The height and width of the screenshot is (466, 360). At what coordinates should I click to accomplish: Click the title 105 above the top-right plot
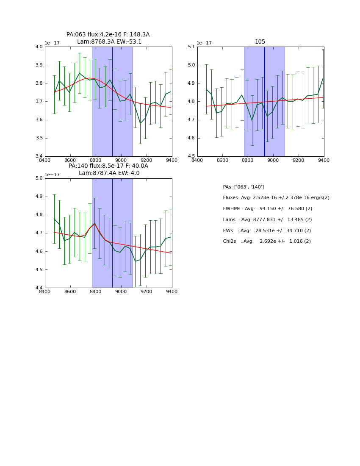pyautogui.click(x=260, y=42)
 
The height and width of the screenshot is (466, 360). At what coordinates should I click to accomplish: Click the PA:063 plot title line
pyautogui.click(x=108, y=35)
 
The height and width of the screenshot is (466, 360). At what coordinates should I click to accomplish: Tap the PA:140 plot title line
pyautogui.click(x=108, y=166)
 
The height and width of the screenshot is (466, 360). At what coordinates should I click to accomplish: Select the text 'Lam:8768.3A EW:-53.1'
pyautogui.click(x=109, y=42)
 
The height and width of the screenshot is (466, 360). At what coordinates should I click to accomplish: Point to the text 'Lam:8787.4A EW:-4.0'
pyautogui.click(x=109, y=173)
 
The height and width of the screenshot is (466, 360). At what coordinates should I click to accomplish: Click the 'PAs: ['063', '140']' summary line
pyautogui.click(x=243, y=187)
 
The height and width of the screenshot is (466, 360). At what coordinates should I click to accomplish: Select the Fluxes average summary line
pyautogui.click(x=276, y=198)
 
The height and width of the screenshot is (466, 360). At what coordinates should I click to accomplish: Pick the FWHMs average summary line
pyautogui.click(x=267, y=209)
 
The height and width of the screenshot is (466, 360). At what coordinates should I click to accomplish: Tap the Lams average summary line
pyautogui.click(x=267, y=219)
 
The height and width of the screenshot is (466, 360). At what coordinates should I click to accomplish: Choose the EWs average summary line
pyautogui.click(x=267, y=230)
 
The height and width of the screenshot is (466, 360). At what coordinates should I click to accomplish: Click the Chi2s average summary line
pyautogui.click(x=267, y=241)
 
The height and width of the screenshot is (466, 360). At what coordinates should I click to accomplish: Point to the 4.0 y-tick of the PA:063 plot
pyautogui.click(x=39, y=47)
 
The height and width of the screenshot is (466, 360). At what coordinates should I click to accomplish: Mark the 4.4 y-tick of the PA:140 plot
pyautogui.click(x=39, y=288)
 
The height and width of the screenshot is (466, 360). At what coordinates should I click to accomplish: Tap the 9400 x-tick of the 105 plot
pyautogui.click(x=324, y=160)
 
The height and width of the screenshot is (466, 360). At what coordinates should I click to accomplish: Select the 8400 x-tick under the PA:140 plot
pyautogui.click(x=44, y=291)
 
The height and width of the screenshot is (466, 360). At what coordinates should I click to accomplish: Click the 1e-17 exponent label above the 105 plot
pyautogui.click(x=205, y=43)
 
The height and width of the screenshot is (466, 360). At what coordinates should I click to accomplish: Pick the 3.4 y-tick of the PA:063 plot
pyautogui.click(x=39, y=156)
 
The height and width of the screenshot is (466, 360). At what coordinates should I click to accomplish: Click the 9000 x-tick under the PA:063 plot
pyautogui.click(x=121, y=160)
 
